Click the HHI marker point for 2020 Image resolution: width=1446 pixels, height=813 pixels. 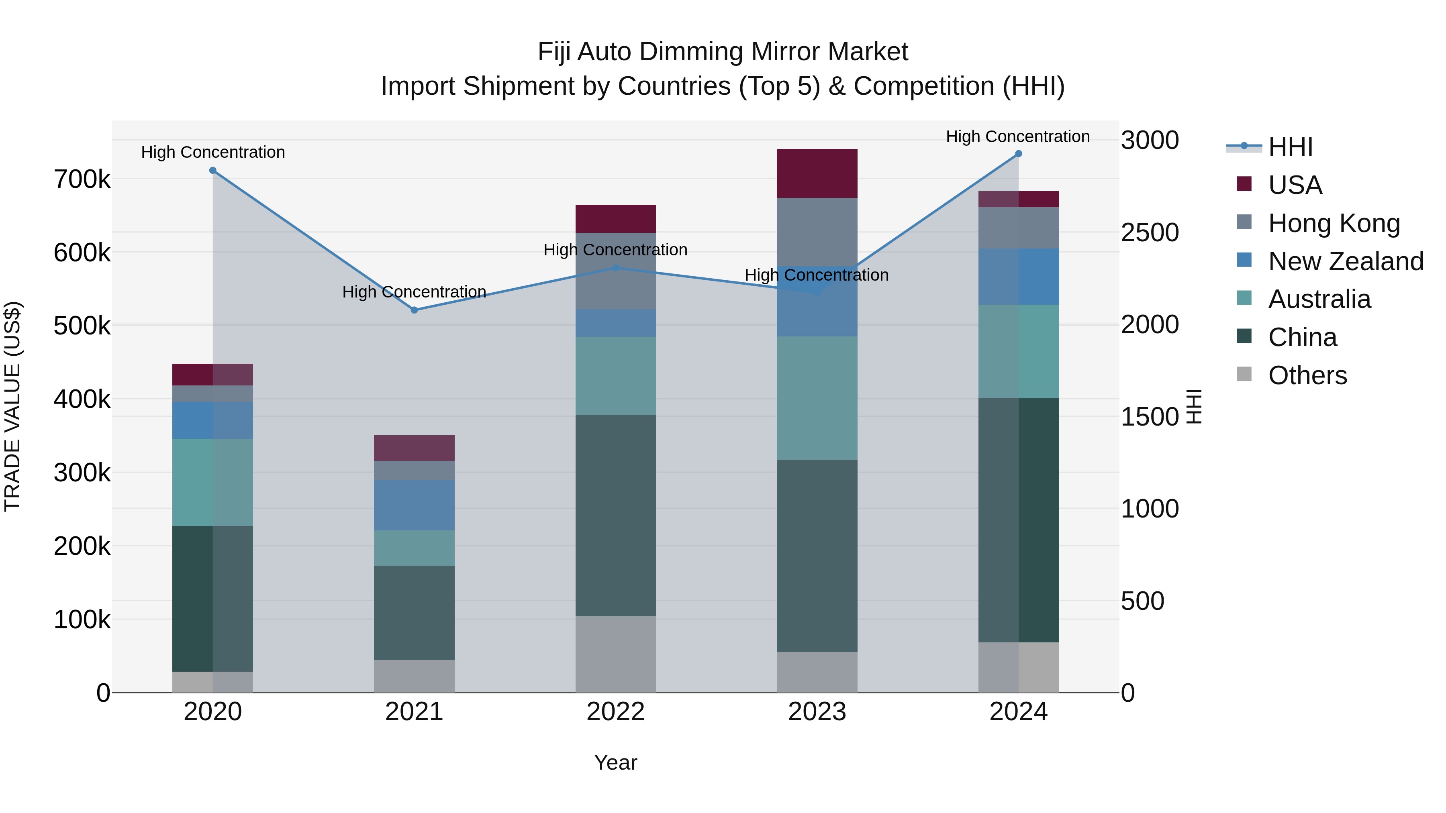[213, 171]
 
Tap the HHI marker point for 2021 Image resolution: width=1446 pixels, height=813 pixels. [414, 310]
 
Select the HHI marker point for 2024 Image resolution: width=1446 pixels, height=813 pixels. [1018, 154]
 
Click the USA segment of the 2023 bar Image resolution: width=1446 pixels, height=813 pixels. [817, 173]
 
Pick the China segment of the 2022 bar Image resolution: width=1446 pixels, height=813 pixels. [615, 515]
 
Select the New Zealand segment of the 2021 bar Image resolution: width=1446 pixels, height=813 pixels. [414, 505]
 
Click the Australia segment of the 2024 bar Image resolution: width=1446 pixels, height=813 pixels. [1018, 351]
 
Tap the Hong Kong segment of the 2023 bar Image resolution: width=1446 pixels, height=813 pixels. [817, 231]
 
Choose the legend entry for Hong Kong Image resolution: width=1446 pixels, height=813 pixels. [1333, 223]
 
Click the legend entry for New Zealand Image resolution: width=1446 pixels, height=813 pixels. [1345, 261]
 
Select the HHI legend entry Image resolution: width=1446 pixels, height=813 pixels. [1290, 147]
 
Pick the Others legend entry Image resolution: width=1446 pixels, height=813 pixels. [1307, 375]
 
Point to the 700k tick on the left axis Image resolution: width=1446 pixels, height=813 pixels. [82, 180]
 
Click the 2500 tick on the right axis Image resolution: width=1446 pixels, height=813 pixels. [1150, 233]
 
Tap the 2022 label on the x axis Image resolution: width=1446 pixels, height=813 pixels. [615, 712]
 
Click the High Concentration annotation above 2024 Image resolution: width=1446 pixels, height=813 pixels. [1018, 137]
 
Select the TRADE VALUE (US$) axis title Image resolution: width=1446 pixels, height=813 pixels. [12, 406]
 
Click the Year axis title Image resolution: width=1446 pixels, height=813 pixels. [615, 762]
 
